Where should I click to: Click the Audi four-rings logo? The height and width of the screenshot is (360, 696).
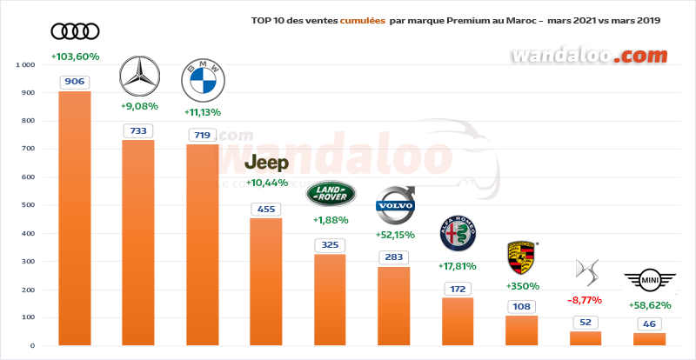pyautogui.click(x=75, y=32)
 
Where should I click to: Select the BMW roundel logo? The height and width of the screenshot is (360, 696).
pyautogui.click(x=202, y=82)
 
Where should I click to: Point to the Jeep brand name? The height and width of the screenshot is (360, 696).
pyautogui.click(x=265, y=163)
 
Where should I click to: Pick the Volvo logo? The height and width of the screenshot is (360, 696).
pyautogui.click(x=394, y=205)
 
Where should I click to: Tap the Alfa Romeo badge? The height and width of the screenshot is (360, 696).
pyautogui.click(x=458, y=234)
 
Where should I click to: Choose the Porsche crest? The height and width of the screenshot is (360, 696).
pyautogui.click(x=522, y=258)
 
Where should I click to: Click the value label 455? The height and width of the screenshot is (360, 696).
pyautogui.click(x=265, y=209)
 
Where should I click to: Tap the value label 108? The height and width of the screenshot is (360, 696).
pyautogui.click(x=521, y=306)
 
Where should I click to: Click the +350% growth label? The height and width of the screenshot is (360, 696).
pyautogui.click(x=522, y=285)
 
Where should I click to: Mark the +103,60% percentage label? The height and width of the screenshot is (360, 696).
pyautogui.click(x=75, y=57)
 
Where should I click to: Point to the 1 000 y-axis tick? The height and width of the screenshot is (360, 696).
pyautogui.click(x=24, y=65)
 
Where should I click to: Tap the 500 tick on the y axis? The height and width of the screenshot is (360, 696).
pyautogui.click(x=28, y=205)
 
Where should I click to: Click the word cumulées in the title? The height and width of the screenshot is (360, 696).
pyautogui.click(x=361, y=19)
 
